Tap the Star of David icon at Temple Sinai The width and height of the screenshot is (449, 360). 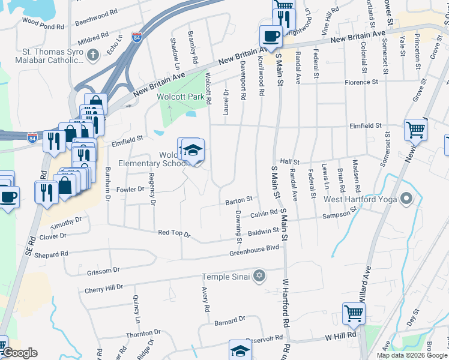pyautogui.click(x=259, y=276)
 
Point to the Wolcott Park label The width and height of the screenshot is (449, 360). pyautogui.click(x=177, y=97)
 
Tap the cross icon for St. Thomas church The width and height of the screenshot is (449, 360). pyautogui.click(x=92, y=56)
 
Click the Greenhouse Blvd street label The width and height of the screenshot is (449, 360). pyautogui.click(x=255, y=248)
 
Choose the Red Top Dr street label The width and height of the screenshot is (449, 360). pyautogui.click(x=173, y=233)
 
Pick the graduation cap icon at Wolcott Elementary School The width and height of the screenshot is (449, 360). pyautogui.click(x=193, y=150)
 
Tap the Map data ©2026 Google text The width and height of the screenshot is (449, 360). pyautogui.click(x=412, y=355)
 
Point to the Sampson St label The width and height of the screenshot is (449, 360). pyautogui.click(x=339, y=214)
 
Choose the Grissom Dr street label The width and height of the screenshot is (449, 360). pyautogui.click(x=103, y=271)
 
